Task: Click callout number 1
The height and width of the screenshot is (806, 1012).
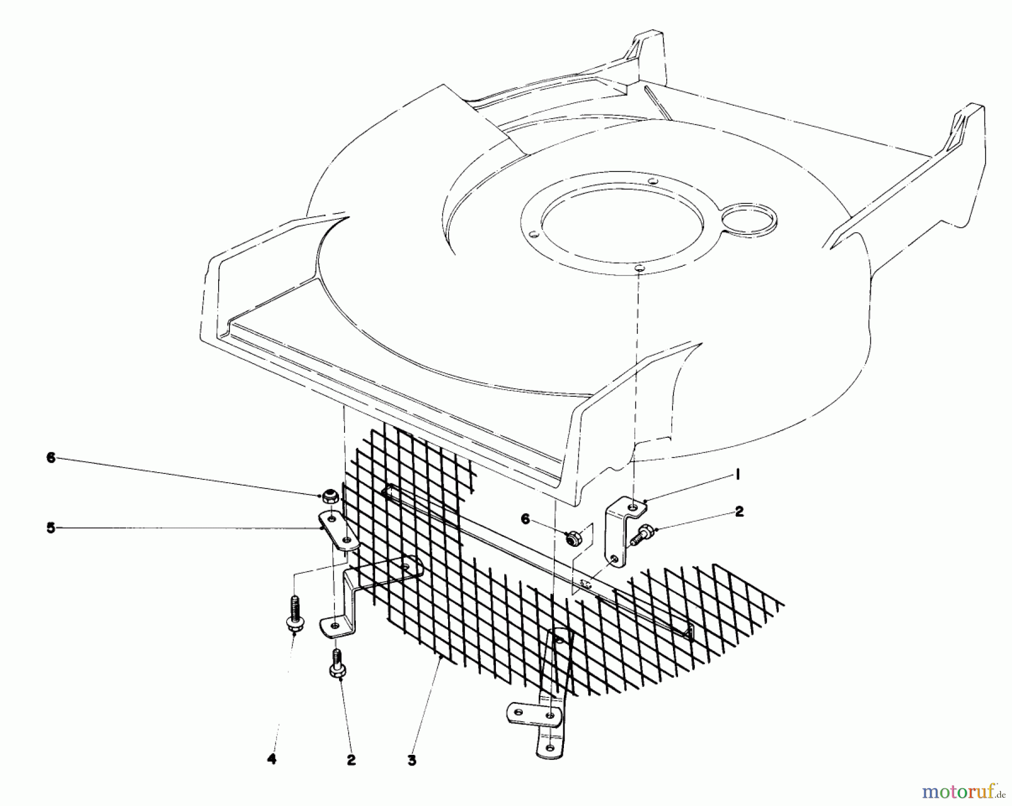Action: tap(737, 476)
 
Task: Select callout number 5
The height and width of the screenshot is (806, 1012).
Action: tap(51, 528)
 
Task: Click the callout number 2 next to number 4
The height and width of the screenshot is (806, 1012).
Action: tap(351, 760)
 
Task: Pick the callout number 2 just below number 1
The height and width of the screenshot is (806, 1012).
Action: tap(739, 511)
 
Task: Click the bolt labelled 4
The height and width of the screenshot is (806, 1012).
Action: tap(294, 615)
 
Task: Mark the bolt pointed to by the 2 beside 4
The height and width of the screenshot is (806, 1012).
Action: tap(337, 663)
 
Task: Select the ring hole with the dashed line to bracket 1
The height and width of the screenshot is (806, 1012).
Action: tap(639, 270)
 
